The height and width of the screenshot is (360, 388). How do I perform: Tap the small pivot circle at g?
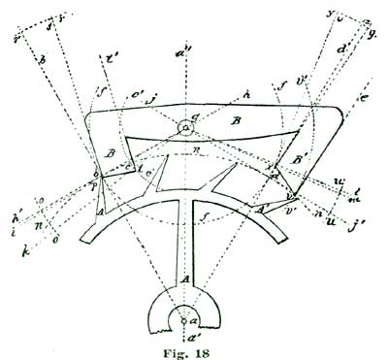click(186, 126)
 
